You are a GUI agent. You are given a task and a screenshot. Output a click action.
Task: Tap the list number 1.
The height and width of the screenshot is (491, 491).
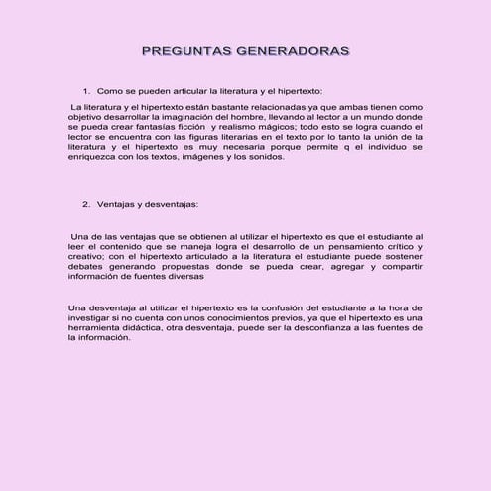pyautogui.click(x=86, y=90)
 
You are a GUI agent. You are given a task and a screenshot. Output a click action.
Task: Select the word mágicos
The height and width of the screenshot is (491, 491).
pyautogui.click(x=271, y=127)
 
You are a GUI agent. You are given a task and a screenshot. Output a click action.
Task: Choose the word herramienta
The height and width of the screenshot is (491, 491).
pyautogui.click(x=93, y=327)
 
